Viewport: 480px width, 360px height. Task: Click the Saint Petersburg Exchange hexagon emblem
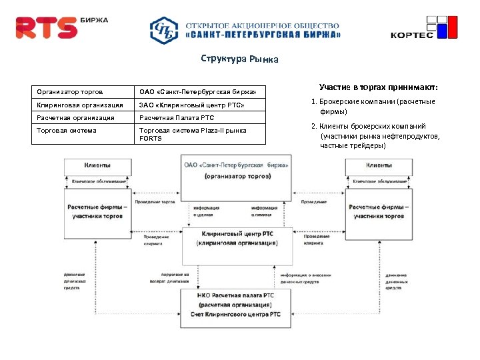[x=163, y=30]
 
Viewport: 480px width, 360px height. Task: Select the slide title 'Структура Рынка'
[x=239, y=59]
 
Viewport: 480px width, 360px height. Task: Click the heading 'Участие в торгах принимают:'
[x=378, y=87]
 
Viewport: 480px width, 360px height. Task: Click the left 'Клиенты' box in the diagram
[x=97, y=165]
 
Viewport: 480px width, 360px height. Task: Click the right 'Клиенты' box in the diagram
[x=379, y=165]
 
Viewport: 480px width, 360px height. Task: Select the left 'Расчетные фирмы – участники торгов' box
[x=97, y=211]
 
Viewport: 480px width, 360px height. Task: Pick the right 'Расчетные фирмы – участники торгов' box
[x=379, y=211]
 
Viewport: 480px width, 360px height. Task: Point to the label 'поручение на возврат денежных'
[x=175, y=278]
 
